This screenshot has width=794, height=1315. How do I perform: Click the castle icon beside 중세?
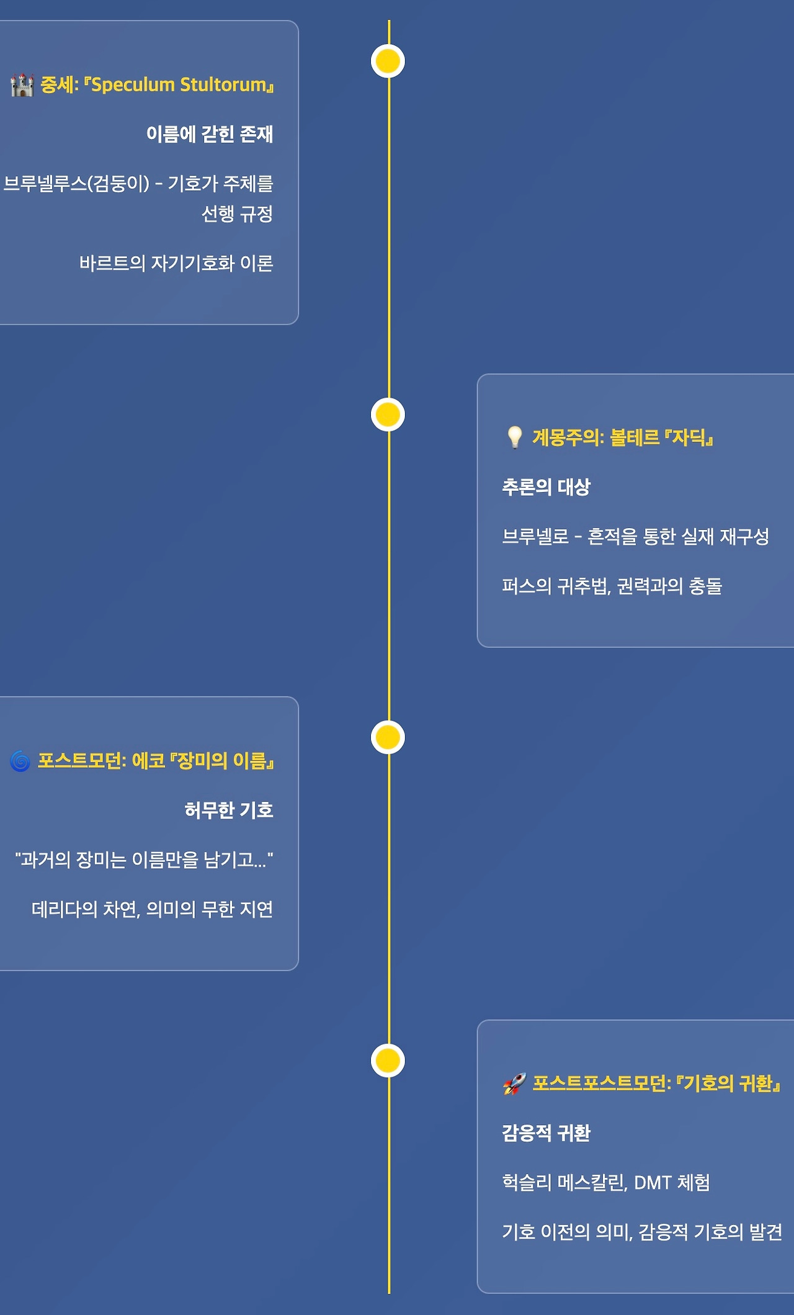pos(22,84)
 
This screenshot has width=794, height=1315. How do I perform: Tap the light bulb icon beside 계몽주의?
pos(514,438)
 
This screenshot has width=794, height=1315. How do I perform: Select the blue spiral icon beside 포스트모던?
pos(20,761)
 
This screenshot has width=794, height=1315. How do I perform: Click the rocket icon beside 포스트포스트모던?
pos(514,1084)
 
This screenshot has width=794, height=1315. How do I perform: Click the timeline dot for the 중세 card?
pos(388,61)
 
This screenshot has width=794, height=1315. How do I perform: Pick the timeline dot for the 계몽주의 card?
pos(388,415)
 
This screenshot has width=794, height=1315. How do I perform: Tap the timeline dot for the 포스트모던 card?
pos(388,737)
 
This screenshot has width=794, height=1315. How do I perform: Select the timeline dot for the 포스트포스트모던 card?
pos(388,1061)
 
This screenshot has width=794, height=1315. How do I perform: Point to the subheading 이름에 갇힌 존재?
pos(210,134)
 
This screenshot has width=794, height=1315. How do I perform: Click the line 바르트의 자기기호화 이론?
pos(176,263)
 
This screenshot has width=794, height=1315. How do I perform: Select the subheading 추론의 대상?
pos(546,487)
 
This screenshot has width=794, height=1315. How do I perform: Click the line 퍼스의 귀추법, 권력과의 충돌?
pos(612,586)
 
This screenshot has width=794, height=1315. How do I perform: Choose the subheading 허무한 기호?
pos(229,810)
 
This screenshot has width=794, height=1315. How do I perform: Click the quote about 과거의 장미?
pos(144,859)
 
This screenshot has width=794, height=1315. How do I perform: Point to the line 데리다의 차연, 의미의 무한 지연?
pos(152,909)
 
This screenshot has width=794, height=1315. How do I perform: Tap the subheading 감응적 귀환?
pos(546,1133)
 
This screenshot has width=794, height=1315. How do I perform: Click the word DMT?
pos(653,1183)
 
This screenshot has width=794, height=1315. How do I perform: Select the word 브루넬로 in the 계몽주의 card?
pos(535,536)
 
